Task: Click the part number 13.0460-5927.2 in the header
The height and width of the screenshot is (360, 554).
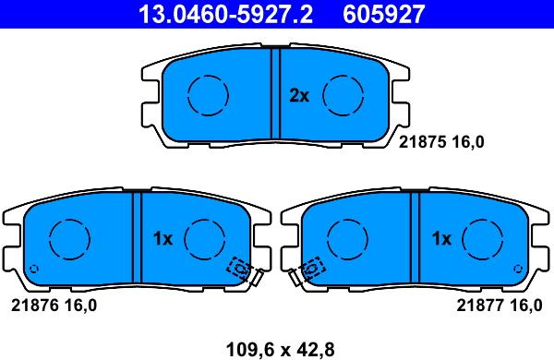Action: pyautogui.click(x=225, y=15)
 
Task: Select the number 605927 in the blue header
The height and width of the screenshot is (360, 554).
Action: pyautogui.click(x=383, y=15)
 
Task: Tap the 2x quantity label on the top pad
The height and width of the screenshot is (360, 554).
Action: pyautogui.click(x=299, y=95)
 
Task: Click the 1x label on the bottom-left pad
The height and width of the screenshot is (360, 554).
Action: pyautogui.click(x=163, y=239)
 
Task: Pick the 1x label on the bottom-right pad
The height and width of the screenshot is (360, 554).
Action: pyautogui.click(x=441, y=239)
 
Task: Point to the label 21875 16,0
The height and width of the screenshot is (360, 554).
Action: pyautogui.click(x=441, y=142)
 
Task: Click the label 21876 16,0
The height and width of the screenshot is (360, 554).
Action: pyautogui.click(x=54, y=306)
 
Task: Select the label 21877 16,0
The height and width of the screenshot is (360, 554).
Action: pyautogui.click(x=500, y=306)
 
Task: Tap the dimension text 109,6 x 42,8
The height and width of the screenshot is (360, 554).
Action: pyautogui.click(x=280, y=350)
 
